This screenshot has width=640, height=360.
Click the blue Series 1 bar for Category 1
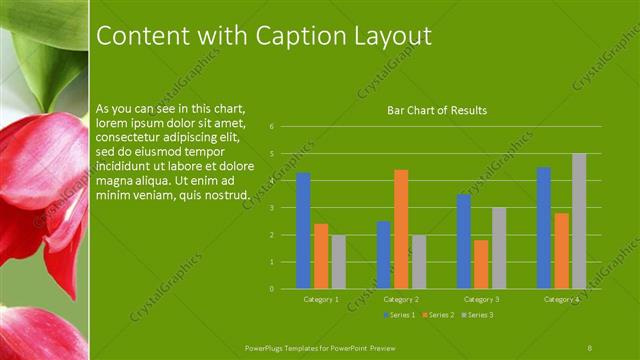303,231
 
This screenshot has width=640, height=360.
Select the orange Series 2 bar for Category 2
401,229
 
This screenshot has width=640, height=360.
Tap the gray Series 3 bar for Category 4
579,221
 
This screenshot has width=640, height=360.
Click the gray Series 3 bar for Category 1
339,262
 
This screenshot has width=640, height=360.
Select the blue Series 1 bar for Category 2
383,255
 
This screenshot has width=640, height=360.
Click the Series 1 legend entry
400,315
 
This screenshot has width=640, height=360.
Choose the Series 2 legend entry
440,315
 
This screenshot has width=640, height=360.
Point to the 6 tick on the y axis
272,127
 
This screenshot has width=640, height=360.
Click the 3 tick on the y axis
272,208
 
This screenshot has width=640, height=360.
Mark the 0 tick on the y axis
272,289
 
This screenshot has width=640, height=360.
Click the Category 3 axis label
481,299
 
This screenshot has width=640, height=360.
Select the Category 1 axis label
321,299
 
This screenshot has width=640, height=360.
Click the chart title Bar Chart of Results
437,110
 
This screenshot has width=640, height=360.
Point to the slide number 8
590,346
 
